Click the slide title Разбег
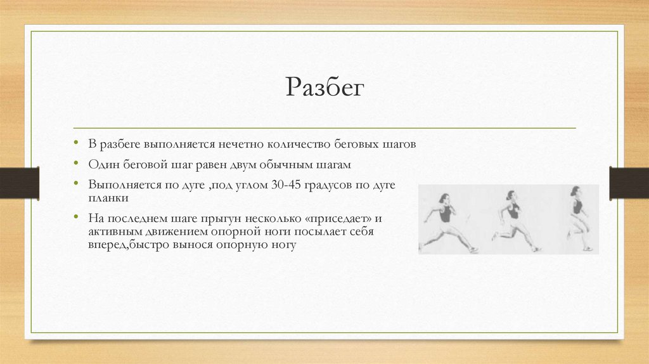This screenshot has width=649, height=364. point(325,88)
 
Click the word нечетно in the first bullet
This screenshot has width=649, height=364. point(241,144)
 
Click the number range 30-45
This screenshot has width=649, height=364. point(286,185)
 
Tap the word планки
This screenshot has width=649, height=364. point(108,198)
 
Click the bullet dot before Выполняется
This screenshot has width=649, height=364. point(76,182)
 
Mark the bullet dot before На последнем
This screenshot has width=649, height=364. point(76,216)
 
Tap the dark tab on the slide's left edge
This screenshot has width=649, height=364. point(20,183)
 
